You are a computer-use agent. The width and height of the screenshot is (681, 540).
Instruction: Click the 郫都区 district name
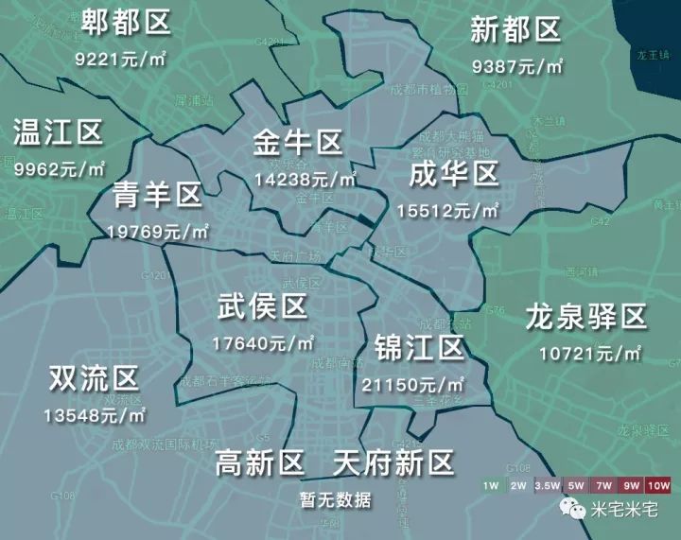tap(126, 20)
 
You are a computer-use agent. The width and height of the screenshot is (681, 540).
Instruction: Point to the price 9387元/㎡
tap(516, 66)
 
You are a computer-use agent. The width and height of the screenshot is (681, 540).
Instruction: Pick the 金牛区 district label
tap(297, 143)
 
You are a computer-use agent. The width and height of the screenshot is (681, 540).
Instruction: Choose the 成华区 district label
tap(453, 174)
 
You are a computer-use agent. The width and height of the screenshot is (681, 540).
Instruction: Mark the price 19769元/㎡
tap(157, 231)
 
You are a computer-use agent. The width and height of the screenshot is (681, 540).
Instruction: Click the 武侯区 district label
tap(262, 306)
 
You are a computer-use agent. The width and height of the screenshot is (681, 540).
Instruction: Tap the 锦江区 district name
tap(419, 348)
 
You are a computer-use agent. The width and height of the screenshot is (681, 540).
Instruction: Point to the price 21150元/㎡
tap(413, 384)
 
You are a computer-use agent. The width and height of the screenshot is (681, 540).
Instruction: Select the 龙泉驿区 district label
tap(585, 317)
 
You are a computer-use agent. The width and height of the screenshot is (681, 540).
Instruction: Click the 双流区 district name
tap(94, 379)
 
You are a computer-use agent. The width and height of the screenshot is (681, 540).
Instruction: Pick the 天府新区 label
tap(393, 462)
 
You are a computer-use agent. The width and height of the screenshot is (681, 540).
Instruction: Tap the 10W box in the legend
tap(658, 485)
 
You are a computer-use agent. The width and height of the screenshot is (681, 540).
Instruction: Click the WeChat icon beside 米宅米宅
tap(572, 511)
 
